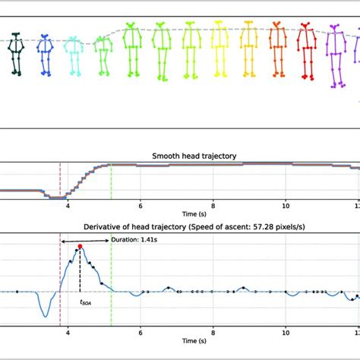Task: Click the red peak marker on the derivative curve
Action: tap(80, 247)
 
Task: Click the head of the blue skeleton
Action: tap(45, 36)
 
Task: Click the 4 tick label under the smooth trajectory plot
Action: tap(68, 205)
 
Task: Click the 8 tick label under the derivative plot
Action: tap(213, 332)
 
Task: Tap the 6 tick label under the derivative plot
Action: tap(141, 332)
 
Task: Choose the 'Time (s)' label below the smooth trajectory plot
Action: tap(180, 213)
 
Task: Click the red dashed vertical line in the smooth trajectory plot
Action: tap(60, 181)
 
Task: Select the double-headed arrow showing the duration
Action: tap(85, 242)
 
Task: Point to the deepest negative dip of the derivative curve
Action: tap(46, 316)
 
